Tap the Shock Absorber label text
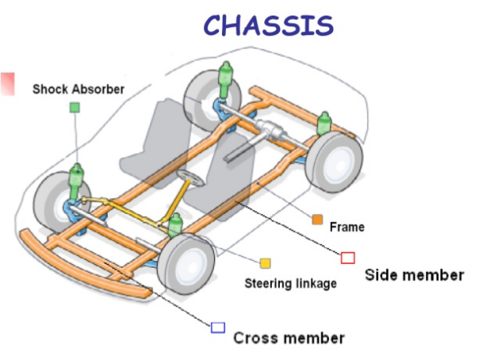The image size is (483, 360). pyautogui.click(x=78, y=90)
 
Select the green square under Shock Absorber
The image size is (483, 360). pyautogui.click(x=75, y=107)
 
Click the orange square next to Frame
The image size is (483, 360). pyautogui.click(x=316, y=219)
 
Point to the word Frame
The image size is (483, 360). pyautogui.click(x=347, y=227)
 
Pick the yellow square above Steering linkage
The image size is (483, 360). pyautogui.click(x=265, y=262)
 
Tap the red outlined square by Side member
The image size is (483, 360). pyautogui.click(x=347, y=257)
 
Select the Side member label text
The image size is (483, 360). pyautogui.click(x=414, y=275)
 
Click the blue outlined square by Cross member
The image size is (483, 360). pyautogui.click(x=217, y=327)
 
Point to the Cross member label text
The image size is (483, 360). pyautogui.click(x=289, y=338)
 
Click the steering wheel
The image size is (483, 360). pyautogui.click(x=189, y=177)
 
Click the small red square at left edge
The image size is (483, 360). pyautogui.click(x=8, y=83)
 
